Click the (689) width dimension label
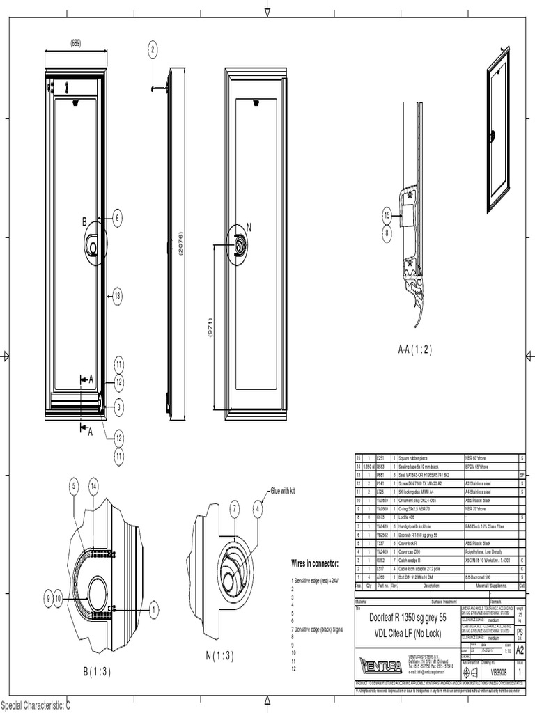tap(75, 43)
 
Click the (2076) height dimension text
tap(180, 244)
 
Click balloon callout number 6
tap(118, 218)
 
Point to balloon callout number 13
tap(118, 296)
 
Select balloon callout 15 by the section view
tap(387, 216)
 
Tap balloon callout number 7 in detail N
tap(235, 510)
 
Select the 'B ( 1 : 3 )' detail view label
tap(97, 671)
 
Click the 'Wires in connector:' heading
tap(314, 563)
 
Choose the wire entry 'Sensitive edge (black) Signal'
tap(318, 629)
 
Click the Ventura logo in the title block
tap(380, 664)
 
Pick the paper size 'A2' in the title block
tap(519, 649)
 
